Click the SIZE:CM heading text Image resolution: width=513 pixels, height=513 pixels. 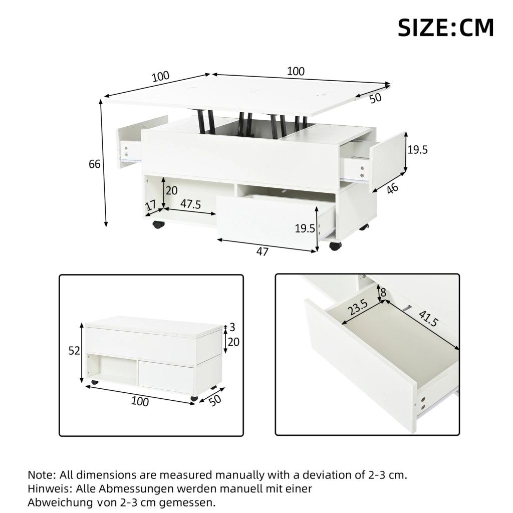click(445, 28)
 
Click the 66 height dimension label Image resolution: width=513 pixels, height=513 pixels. click(95, 164)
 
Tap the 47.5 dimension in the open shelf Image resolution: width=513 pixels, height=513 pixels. click(190, 204)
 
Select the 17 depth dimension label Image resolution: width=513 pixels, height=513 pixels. click(150, 206)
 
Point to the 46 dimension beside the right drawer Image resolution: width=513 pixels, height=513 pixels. click(392, 188)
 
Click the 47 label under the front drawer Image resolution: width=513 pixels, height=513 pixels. click(262, 251)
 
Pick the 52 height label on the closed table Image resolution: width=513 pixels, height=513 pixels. click(74, 351)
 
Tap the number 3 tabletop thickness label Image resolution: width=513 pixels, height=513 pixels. click(232, 327)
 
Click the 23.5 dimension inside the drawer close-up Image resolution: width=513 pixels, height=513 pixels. click(358, 307)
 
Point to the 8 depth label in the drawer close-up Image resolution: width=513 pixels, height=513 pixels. click(383, 292)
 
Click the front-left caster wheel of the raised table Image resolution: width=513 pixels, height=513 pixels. click(158, 224)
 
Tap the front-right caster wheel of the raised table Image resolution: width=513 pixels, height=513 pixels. click(335, 246)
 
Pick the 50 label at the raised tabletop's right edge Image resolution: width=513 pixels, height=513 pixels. click(376, 98)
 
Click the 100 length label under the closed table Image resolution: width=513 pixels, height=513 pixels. click(140, 401)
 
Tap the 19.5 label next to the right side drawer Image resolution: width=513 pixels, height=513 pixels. click(417, 150)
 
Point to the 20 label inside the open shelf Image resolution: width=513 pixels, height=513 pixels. click(171, 190)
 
